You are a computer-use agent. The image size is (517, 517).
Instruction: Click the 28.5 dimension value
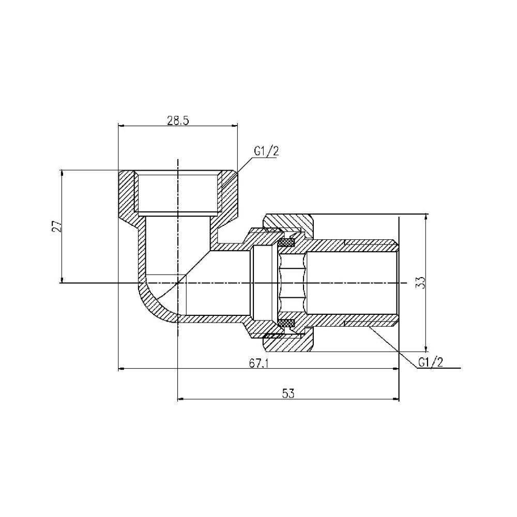[178, 120]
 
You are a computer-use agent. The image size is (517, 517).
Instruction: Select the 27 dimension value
[57, 226]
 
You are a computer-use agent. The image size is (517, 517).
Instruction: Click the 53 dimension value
[288, 393]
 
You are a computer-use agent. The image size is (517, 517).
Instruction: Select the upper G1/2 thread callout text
[266, 151]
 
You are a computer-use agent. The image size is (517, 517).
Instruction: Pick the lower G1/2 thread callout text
[430, 362]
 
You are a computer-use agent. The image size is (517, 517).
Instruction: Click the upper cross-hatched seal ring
[286, 242]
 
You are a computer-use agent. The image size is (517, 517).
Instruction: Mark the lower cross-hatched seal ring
[286, 324]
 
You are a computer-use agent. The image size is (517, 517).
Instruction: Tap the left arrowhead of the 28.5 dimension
[122, 125]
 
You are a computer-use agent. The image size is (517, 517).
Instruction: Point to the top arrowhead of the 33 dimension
[425, 217]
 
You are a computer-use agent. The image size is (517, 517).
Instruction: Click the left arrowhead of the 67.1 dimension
[122, 369]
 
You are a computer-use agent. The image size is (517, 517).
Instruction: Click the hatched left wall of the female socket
[127, 194]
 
